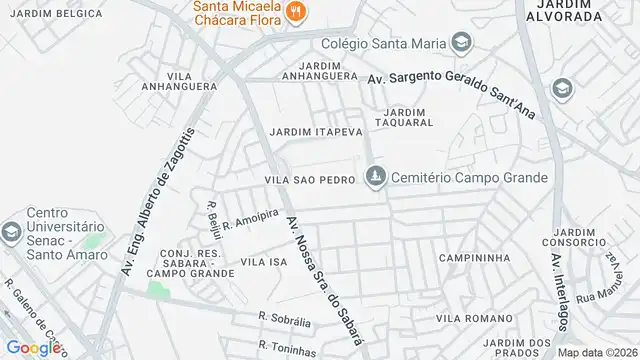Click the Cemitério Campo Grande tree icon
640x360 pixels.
click(375, 177)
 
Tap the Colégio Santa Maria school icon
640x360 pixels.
click(461, 42)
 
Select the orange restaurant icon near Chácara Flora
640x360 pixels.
click(296, 13)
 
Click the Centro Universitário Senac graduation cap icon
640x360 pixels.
click(11, 232)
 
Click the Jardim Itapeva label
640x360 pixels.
click(314, 131)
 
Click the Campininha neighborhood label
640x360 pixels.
click(468, 256)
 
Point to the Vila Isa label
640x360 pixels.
click(264, 261)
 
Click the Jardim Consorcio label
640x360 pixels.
click(574, 237)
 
